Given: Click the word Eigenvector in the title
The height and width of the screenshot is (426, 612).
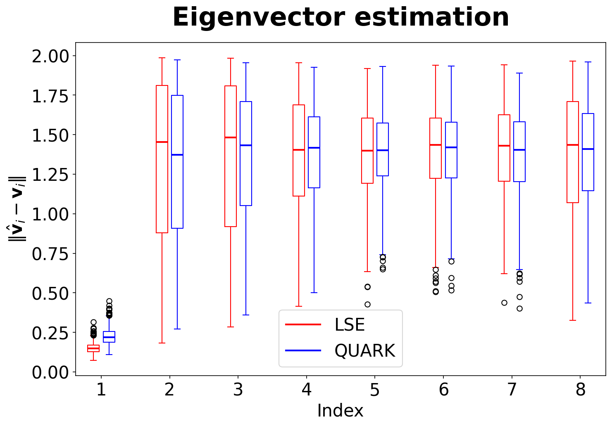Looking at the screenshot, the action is click(x=259, y=17).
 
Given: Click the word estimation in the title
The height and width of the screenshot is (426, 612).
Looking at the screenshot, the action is click(x=432, y=17).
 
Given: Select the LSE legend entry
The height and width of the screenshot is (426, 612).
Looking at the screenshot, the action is click(x=325, y=324).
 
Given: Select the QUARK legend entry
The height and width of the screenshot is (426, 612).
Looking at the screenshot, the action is click(x=340, y=350).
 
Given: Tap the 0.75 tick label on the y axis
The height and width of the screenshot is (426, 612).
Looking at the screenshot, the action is click(x=50, y=254).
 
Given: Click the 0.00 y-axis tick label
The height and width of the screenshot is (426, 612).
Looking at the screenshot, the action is click(x=50, y=372).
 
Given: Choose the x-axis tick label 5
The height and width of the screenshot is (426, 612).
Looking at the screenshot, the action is click(x=374, y=390).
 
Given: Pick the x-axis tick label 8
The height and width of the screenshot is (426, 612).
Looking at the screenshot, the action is click(x=580, y=389).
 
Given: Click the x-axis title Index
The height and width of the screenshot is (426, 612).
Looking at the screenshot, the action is click(x=340, y=410).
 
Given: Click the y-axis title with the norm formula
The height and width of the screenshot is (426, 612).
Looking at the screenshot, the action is click(x=17, y=209).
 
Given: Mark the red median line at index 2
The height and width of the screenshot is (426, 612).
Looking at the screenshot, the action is click(x=162, y=142).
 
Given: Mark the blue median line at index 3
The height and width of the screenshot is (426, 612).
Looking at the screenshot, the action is click(x=246, y=145).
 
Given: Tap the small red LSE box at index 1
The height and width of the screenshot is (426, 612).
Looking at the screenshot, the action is click(x=93, y=348).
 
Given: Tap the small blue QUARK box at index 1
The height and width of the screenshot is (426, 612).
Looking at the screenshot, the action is click(x=109, y=337).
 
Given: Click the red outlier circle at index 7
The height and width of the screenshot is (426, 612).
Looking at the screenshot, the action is click(x=505, y=303).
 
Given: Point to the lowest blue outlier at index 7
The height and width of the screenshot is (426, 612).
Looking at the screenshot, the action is click(x=520, y=309).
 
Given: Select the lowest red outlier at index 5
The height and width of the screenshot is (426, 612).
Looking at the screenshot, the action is click(x=368, y=304).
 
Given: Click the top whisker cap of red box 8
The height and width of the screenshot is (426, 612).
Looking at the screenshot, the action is click(x=573, y=61).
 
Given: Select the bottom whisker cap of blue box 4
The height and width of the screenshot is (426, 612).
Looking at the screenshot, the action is click(x=314, y=293).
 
